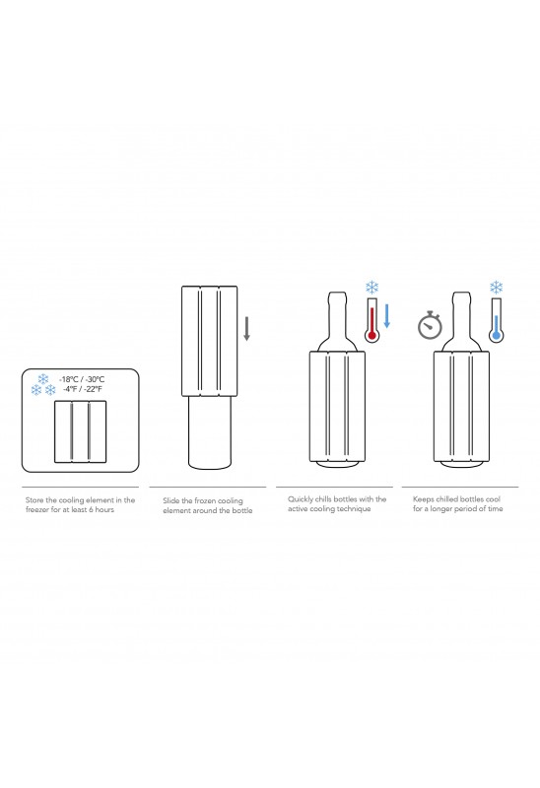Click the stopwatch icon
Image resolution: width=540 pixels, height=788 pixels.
430,326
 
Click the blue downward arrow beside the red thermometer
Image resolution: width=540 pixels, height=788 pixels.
386,316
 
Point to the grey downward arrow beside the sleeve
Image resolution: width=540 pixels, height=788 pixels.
247,329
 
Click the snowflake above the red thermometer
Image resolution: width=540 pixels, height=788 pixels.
371,288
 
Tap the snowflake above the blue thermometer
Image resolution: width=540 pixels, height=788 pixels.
497,288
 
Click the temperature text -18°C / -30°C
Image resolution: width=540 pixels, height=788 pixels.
82,379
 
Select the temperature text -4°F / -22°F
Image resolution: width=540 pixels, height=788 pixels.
83,389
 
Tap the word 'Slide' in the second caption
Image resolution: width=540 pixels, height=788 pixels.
170,501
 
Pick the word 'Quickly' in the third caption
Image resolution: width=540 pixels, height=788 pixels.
301,499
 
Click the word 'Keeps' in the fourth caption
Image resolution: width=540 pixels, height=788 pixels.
424,499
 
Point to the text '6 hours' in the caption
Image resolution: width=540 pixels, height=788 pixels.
101,509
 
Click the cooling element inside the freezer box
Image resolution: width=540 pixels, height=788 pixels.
81,431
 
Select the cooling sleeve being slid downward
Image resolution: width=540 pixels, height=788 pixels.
210,341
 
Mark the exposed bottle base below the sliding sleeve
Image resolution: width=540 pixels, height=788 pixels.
210,433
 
